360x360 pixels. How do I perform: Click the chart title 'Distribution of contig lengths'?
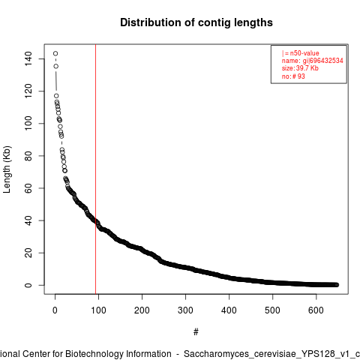pyautogui.click(x=196, y=22)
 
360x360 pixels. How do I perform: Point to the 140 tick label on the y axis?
pyautogui.click(x=28, y=58)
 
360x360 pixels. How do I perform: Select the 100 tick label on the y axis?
pyautogui.click(x=28, y=123)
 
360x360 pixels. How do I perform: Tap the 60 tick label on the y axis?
pyautogui.click(x=28, y=188)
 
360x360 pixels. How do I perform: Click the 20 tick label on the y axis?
pyautogui.click(x=28, y=253)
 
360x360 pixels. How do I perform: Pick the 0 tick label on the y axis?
pyautogui.click(x=28, y=285)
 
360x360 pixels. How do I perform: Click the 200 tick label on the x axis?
pyautogui.click(x=142, y=310)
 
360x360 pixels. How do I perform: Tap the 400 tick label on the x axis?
pyautogui.click(x=229, y=310)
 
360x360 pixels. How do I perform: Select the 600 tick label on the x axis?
pyautogui.click(x=316, y=310)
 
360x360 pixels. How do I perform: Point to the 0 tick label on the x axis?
pyautogui.click(x=55, y=310)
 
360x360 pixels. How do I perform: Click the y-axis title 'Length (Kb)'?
pyautogui.click(x=7, y=169)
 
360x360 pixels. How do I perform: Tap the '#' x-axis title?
pyautogui.click(x=196, y=332)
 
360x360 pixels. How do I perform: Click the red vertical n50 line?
pyautogui.click(x=95, y=169)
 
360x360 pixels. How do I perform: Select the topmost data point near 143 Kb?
pyautogui.click(x=55, y=53)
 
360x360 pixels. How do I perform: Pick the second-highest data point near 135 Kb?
pyautogui.click(x=56, y=66)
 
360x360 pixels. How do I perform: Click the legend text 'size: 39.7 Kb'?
pyautogui.click(x=300, y=68)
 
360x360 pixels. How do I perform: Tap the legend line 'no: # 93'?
pyautogui.click(x=293, y=76)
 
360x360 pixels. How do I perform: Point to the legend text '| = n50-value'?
pyautogui.click(x=301, y=53)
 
